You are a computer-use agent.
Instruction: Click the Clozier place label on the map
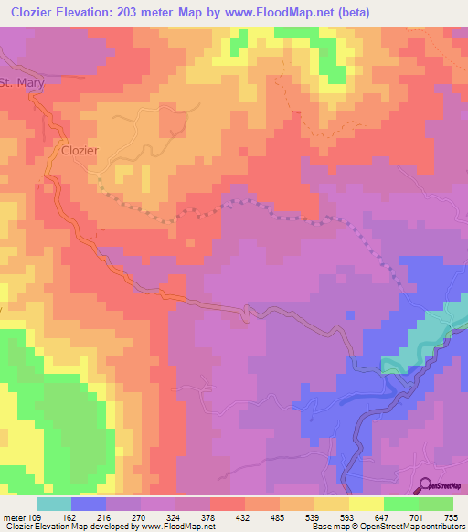(x=80, y=151)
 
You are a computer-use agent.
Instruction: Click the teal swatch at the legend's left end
(x=54, y=503)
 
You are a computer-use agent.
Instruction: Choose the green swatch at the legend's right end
(x=436, y=503)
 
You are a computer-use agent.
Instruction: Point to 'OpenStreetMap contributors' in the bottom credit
(x=412, y=527)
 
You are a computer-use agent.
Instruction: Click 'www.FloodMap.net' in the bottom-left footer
(x=179, y=527)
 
